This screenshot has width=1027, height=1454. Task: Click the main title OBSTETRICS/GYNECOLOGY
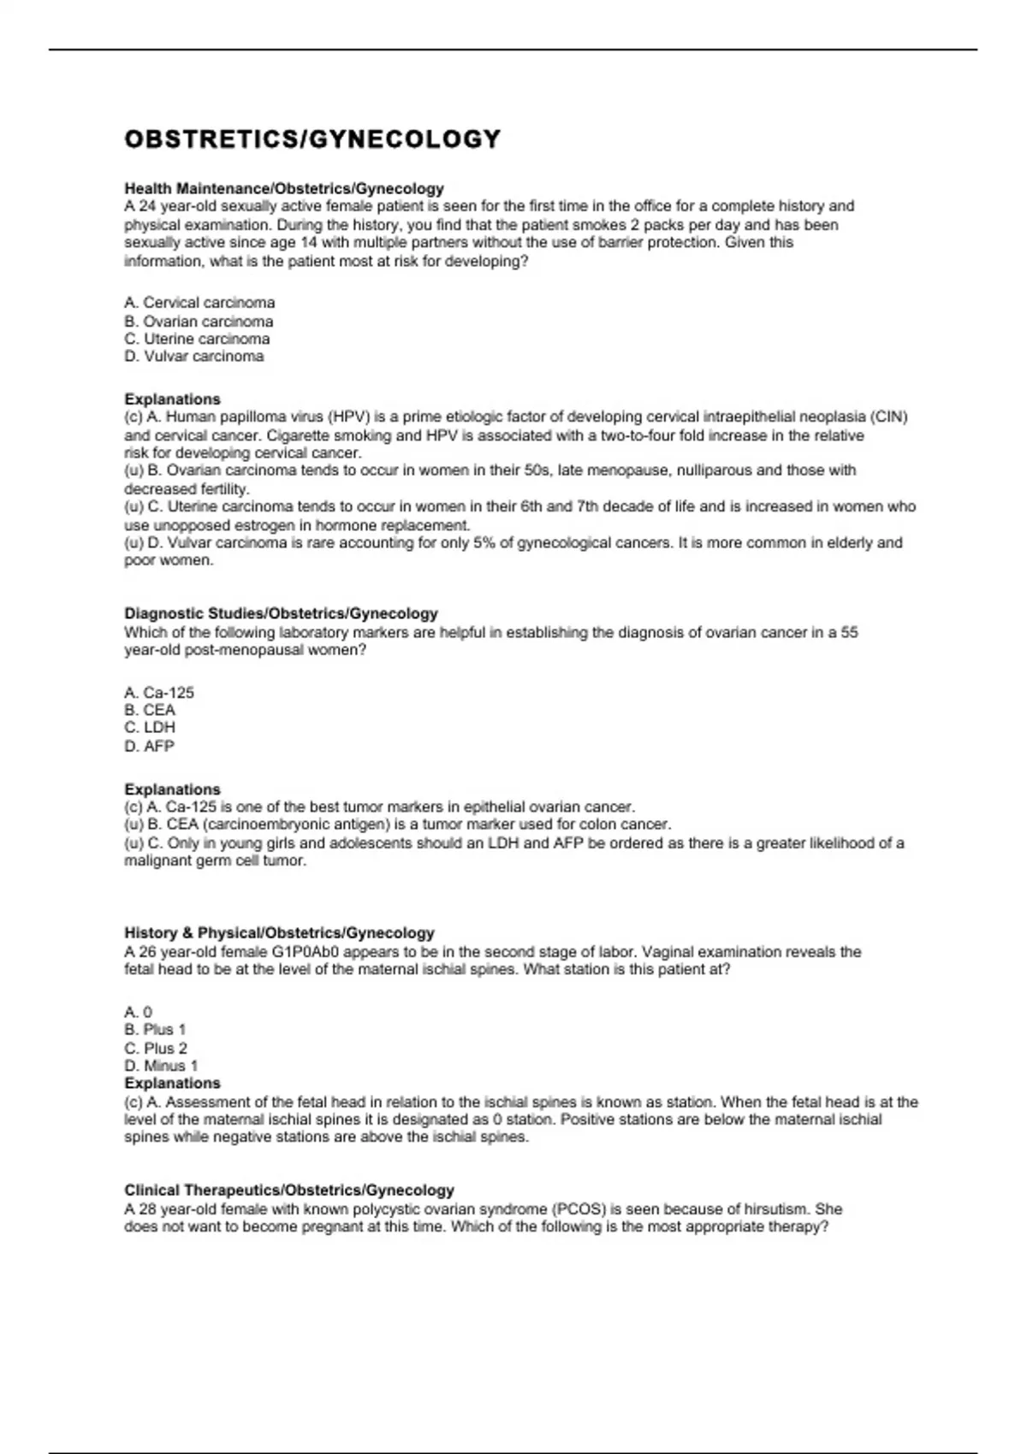(312, 139)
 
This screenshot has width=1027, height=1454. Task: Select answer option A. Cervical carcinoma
(199, 303)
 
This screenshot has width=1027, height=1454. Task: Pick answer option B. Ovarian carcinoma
(199, 322)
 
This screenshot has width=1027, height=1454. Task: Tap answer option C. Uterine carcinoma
(197, 339)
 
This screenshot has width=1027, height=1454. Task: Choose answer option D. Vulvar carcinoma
(194, 357)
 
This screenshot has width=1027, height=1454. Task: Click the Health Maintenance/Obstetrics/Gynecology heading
(284, 188)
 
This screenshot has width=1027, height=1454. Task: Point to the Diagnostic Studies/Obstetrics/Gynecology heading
(281, 613)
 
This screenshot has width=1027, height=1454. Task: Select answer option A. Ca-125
(159, 693)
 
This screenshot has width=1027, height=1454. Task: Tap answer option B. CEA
(150, 710)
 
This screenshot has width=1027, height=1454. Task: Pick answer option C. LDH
(150, 728)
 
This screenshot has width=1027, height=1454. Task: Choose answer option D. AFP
(149, 746)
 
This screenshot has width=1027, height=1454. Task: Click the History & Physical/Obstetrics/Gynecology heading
(279, 933)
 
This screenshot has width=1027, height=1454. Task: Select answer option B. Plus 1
(155, 1030)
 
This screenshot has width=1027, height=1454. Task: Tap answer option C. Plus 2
(156, 1049)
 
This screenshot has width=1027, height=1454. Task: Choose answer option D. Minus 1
(161, 1066)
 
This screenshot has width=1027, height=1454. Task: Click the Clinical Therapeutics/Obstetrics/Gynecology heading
(289, 1191)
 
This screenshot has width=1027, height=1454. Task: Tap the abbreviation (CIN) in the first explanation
(889, 417)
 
